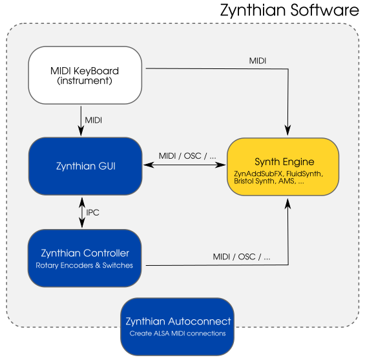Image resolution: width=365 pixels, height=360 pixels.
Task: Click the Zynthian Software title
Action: coord(289,10)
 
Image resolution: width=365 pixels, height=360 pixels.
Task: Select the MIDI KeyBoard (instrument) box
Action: coord(85,75)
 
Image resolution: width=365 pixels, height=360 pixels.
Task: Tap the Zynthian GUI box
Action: coord(85,166)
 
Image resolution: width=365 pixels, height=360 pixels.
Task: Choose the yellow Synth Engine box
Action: coord(283,166)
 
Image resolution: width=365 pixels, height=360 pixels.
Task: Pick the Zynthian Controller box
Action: coord(85,258)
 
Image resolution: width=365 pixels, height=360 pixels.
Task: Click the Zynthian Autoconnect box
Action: coord(178,326)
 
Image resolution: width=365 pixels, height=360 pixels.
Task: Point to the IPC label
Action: coord(92,212)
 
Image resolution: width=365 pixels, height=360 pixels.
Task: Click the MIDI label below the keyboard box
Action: coord(93,120)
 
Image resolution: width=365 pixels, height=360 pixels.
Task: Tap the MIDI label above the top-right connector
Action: coord(258,61)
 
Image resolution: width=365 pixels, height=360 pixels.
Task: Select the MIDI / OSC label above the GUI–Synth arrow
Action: coord(187,155)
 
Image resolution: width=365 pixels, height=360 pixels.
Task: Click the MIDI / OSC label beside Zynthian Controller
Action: coord(242,257)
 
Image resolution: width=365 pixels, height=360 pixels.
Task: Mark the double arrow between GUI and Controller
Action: coord(82,212)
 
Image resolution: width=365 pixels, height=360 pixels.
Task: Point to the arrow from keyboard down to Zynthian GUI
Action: coord(81,121)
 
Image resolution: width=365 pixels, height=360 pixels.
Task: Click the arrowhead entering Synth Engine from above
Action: coord(288,130)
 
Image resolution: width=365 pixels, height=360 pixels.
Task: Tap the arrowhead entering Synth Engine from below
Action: coord(288,204)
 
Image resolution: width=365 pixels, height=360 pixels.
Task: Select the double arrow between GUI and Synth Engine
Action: coord(185,165)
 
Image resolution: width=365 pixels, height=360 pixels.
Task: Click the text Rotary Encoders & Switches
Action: coord(84,265)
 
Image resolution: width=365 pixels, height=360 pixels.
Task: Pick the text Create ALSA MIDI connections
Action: coord(178,334)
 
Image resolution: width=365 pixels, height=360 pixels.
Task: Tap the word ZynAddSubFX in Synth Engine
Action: coord(258,174)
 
